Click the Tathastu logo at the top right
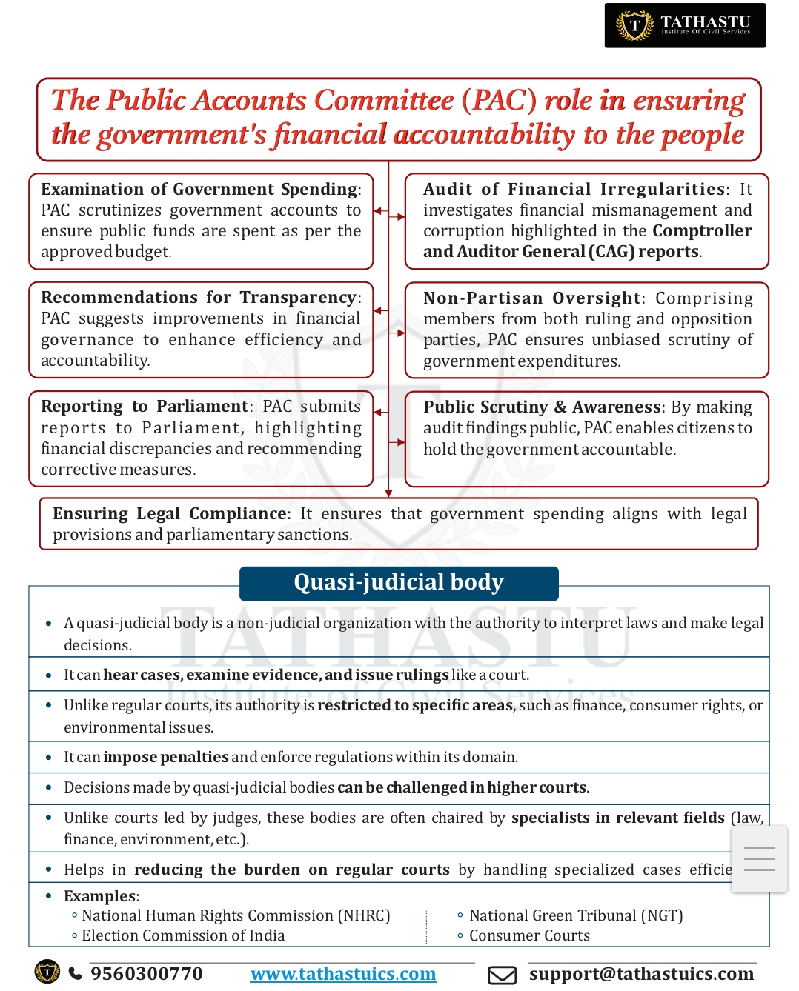pos(685,25)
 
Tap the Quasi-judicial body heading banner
pos(399,583)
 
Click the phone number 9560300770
pos(146,973)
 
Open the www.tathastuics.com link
pos(343,974)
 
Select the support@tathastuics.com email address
pos(641,973)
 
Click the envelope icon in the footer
pos(502,975)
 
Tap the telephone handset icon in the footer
pos(76,973)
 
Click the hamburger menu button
pos(759,859)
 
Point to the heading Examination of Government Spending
pos(199,190)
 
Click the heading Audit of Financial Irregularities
pos(574,190)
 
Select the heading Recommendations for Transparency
pos(199,298)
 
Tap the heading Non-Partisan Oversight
pos(531,298)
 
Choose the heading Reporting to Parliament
pos(145,407)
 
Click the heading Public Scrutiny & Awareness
pos(543,407)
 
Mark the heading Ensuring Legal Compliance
pos(170,514)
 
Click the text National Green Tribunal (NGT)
pos(576,915)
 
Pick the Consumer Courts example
pos(529,935)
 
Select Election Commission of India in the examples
pos(183,935)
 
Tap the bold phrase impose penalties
pos(165,757)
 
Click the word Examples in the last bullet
pos(100,896)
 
